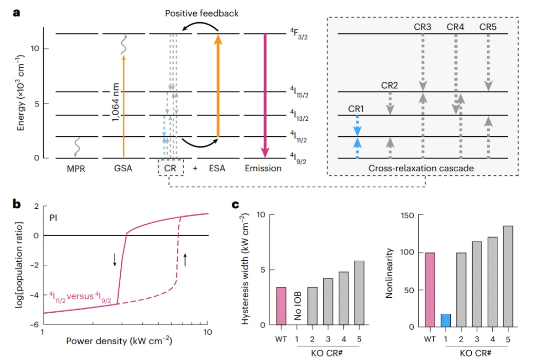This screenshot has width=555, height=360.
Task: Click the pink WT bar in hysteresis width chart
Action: click(x=282, y=306)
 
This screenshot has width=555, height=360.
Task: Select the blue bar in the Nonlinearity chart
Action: click(x=447, y=320)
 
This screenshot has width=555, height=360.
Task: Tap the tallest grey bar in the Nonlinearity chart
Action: click(x=508, y=276)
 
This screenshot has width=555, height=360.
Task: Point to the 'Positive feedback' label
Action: click(x=201, y=13)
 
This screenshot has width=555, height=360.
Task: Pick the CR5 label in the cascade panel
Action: click(x=488, y=26)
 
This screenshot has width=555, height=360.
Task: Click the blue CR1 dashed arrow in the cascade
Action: click(x=357, y=136)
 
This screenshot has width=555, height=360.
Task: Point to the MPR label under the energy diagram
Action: click(x=75, y=168)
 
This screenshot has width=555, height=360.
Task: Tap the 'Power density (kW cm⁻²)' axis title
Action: click(x=119, y=340)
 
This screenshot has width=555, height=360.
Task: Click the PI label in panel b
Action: click(x=53, y=218)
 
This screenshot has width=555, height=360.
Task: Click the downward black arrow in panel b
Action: click(x=114, y=260)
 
